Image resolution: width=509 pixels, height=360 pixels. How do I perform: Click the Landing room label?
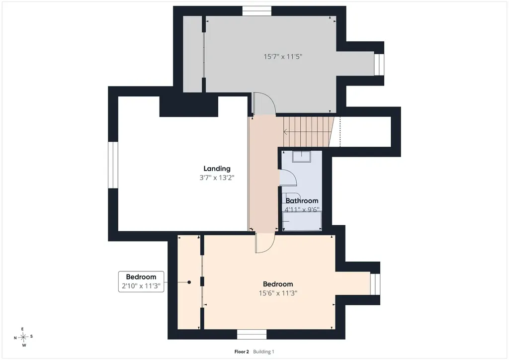217,169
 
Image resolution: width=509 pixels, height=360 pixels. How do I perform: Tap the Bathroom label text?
302,200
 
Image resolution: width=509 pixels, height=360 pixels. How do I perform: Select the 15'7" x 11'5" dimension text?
283,57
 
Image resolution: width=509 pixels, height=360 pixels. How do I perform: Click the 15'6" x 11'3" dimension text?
278,293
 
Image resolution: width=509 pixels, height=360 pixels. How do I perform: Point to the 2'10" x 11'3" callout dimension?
141,286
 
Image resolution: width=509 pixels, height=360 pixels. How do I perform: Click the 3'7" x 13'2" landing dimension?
217,178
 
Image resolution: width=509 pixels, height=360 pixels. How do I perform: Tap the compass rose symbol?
23,337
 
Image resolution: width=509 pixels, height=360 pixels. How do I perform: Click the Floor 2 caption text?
242,352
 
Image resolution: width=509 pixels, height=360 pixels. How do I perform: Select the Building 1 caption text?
263,352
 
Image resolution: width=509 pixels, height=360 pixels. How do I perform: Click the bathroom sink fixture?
302,157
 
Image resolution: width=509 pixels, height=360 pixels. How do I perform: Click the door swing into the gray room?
264,104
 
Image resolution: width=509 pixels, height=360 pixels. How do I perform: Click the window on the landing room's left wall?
113,165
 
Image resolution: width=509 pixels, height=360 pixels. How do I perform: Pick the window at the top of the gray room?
257,11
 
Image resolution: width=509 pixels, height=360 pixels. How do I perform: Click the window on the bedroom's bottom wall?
252,334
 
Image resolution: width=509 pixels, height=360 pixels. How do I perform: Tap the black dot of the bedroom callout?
189,282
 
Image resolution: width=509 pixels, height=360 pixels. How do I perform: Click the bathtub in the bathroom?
302,221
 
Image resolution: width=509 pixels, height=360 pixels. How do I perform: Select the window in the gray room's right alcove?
379,64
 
